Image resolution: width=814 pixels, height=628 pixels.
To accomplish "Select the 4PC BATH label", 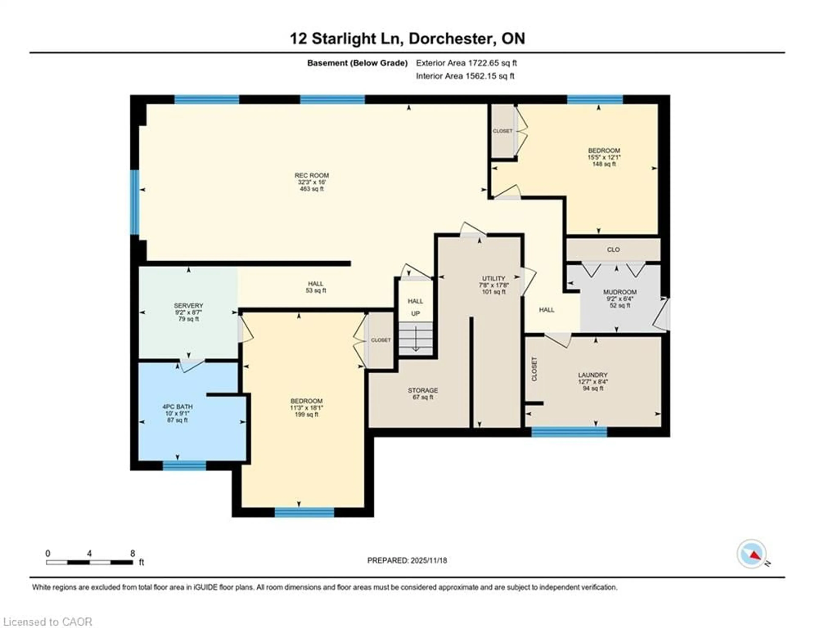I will click(177, 407).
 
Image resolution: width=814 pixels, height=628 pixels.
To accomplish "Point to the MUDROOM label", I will click(620, 292).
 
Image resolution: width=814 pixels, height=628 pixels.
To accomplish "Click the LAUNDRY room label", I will click(593, 375).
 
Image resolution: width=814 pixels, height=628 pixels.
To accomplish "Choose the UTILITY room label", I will click(493, 278).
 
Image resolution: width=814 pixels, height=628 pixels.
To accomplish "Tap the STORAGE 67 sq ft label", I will click(423, 393).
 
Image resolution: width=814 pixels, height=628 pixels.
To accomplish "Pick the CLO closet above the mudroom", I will click(613, 250).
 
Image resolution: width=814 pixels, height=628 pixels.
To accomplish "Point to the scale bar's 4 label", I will click(89, 553).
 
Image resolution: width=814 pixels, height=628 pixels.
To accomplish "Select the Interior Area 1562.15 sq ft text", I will click(465, 76).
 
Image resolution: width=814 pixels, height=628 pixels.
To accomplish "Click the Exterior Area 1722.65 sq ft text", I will click(466, 63).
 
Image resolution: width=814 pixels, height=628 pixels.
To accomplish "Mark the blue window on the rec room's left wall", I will click(135, 202).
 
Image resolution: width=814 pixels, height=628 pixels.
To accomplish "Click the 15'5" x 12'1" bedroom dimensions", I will click(604, 157).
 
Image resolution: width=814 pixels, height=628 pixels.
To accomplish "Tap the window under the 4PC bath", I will click(184, 466).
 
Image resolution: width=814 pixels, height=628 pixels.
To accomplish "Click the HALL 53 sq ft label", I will click(316, 287).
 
